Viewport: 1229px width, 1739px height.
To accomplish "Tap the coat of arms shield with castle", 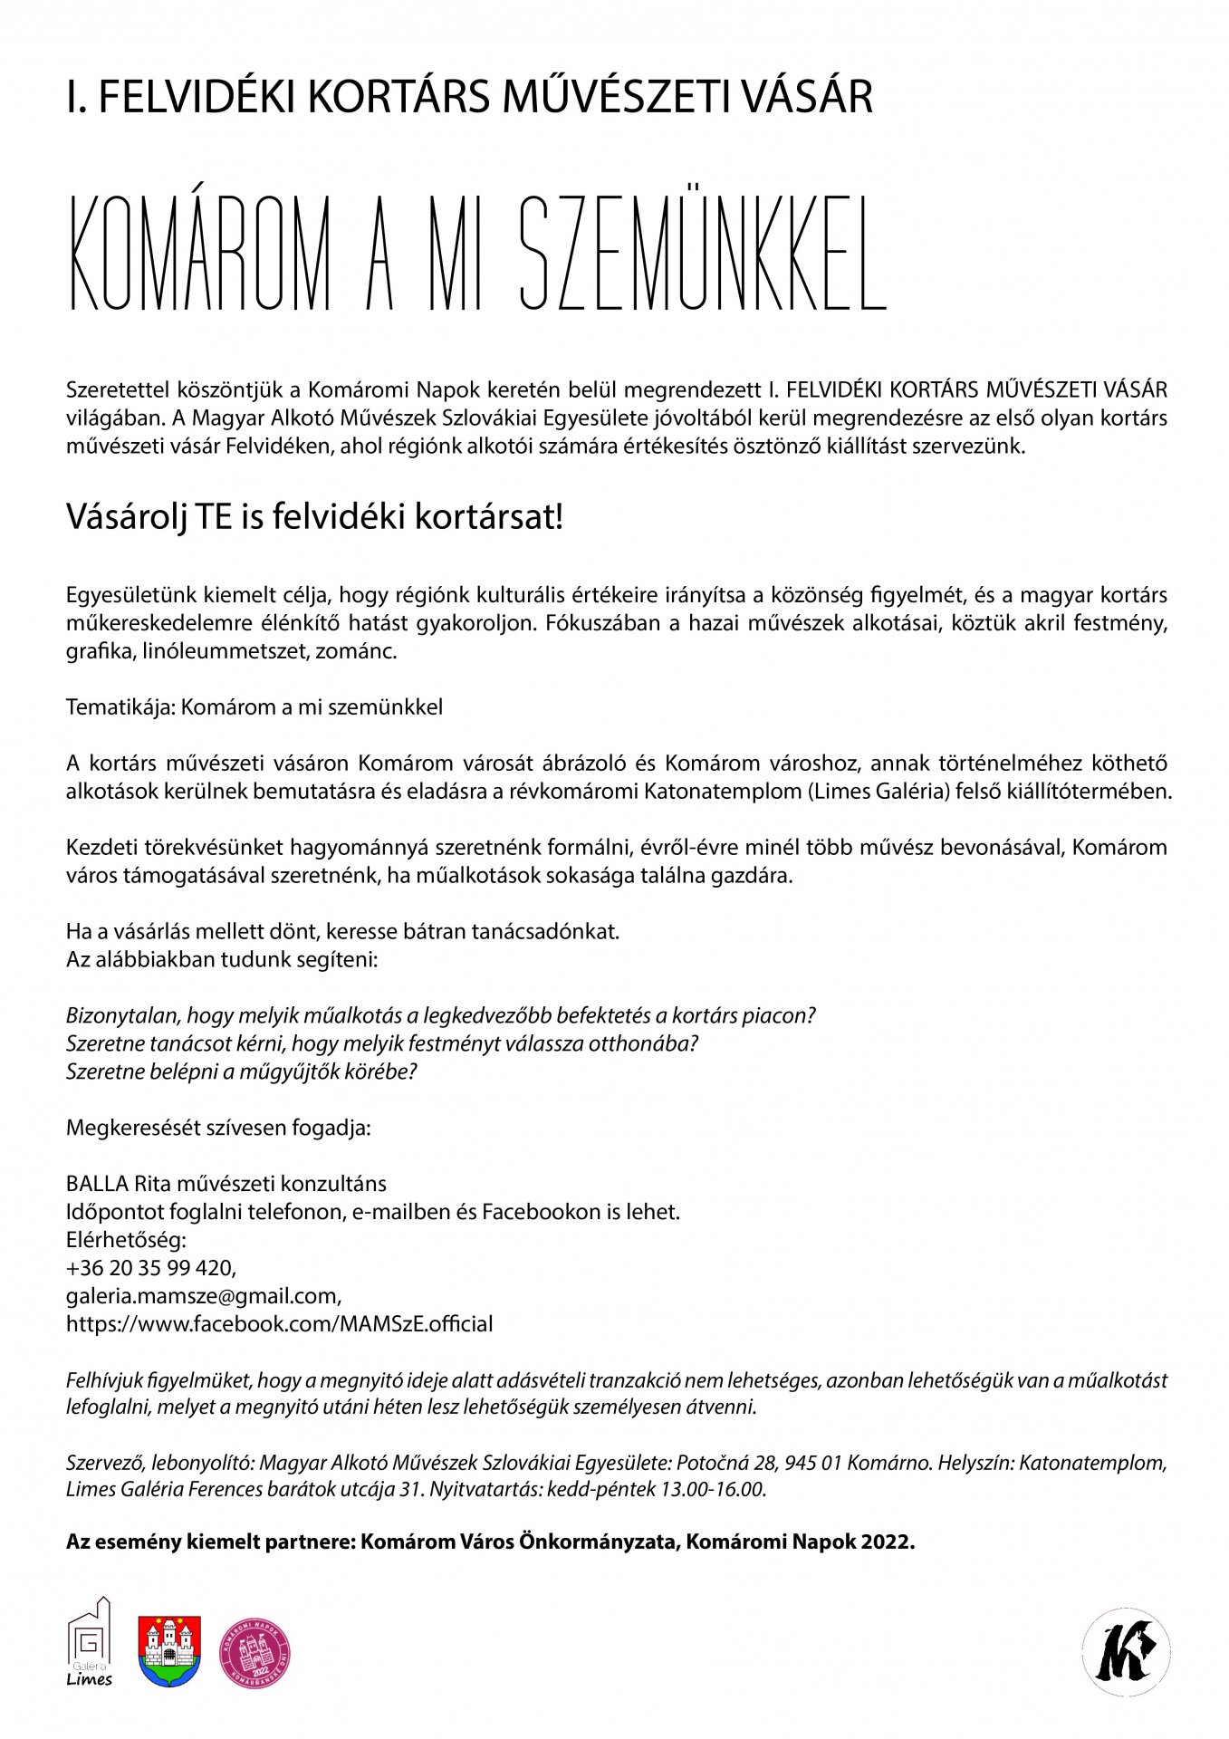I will pos(169,1651).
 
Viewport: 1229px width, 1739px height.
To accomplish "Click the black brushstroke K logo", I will pos(1126,1651).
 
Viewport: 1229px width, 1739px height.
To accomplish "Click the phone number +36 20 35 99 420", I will pos(150,1268).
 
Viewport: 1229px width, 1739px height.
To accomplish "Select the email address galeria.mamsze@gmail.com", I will pos(203,1296).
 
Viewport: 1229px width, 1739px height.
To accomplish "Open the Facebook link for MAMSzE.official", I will pos(279,1324).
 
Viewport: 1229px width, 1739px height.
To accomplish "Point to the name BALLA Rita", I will pos(118,1184).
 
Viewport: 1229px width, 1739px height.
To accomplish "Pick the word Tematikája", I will pos(120,707).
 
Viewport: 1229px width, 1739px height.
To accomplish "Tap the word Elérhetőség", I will pos(125,1240).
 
